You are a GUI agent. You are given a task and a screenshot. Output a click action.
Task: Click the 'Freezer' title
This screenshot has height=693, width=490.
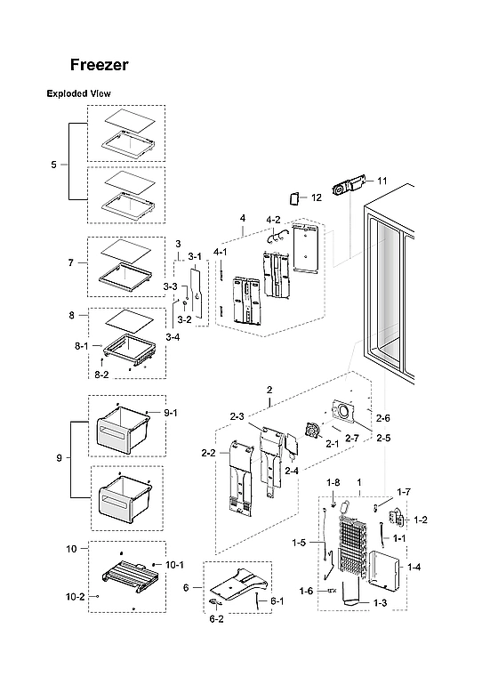tap(100, 65)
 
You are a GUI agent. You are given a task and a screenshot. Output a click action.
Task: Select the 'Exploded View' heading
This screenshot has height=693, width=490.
tap(78, 93)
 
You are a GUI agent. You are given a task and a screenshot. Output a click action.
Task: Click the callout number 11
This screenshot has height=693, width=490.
tap(382, 181)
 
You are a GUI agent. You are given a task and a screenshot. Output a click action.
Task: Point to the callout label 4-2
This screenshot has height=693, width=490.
tap(273, 219)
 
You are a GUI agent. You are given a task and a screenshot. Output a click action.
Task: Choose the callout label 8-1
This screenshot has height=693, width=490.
tap(80, 344)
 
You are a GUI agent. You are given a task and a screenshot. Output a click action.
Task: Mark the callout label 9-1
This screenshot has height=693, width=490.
tap(171, 413)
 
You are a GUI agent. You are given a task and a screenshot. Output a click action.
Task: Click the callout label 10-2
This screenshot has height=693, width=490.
tap(75, 596)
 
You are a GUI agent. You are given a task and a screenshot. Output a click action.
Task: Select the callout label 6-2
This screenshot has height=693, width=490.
tap(216, 618)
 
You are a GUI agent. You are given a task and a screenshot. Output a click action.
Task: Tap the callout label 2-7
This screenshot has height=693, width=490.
tap(352, 439)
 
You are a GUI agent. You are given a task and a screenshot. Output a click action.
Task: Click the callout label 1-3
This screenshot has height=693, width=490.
tap(380, 603)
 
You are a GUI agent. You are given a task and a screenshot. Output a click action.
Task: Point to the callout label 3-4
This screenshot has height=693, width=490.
tap(172, 337)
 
